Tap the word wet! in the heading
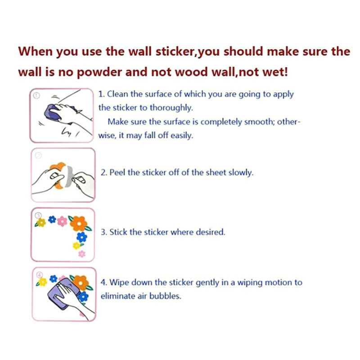coord(275,72)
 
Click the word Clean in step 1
coord(117,94)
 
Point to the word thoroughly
coord(171,108)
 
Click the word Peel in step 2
coord(117,172)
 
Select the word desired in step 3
coord(211,232)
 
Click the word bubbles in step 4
coord(165,296)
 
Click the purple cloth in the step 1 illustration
coord(52,113)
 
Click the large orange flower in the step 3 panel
coord(79,224)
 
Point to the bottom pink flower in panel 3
coord(82,254)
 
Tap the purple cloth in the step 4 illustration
coord(63,293)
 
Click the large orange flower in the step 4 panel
coord(81,283)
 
